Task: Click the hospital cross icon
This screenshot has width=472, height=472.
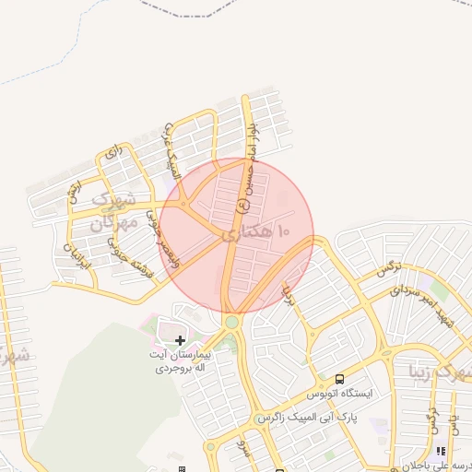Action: click(x=180, y=341)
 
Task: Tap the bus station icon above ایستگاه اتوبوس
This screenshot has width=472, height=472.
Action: click(x=340, y=379)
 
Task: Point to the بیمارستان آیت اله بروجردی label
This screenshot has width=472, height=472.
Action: click(x=180, y=360)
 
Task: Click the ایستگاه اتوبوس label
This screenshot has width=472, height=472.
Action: click(x=343, y=394)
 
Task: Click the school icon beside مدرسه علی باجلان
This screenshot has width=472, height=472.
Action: click(x=441, y=452)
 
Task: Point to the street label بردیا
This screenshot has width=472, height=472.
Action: click(x=289, y=295)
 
